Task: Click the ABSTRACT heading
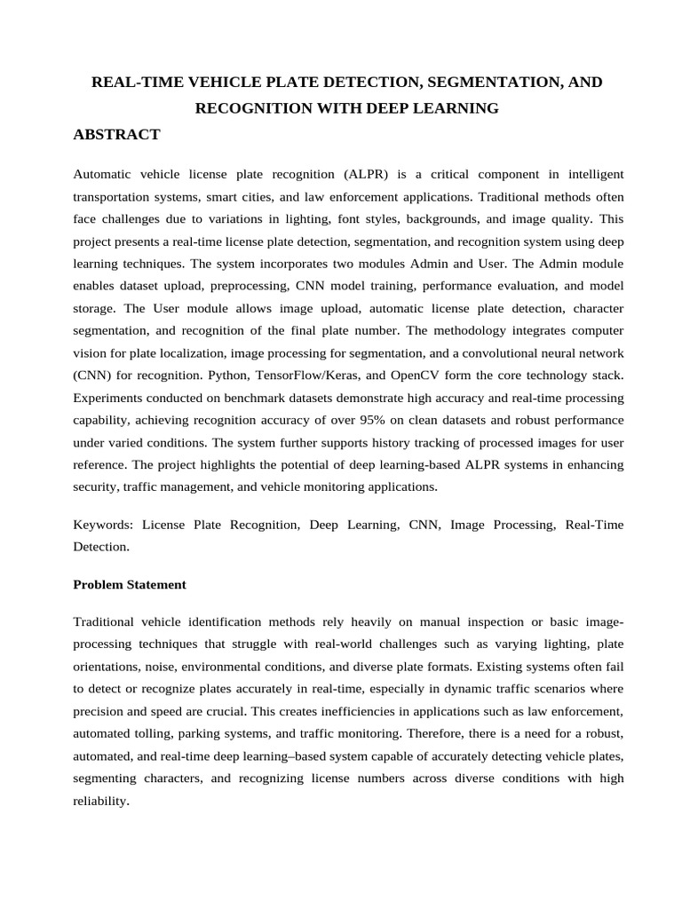point(116,135)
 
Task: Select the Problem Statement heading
point(130,584)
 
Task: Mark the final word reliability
point(100,800)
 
